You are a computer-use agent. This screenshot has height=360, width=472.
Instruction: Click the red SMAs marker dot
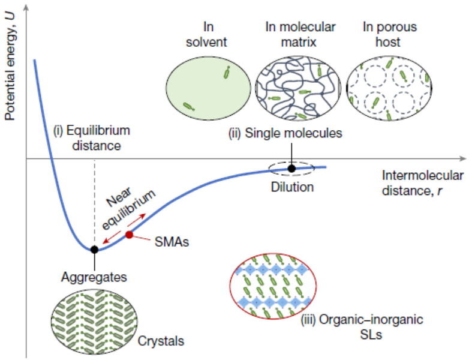(129, 235)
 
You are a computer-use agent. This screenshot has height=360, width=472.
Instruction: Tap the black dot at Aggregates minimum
(94, 250)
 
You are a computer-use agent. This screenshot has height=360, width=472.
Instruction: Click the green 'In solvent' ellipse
(208, 86)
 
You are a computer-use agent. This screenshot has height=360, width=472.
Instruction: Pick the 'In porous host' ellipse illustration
(389, 87)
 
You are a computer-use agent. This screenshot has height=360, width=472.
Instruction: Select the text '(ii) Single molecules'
(285, 133)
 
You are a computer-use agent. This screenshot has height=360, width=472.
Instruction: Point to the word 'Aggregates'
(94, 277)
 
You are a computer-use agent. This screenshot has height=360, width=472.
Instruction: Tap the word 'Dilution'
(291, 187)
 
